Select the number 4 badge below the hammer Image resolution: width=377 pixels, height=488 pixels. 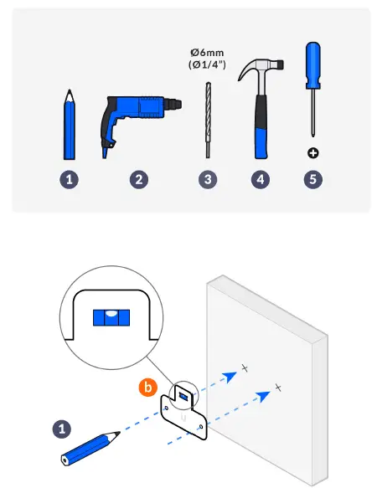point(261,179)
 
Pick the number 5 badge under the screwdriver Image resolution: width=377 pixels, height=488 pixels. point(312,179)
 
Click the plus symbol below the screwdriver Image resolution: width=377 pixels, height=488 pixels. point(312,153)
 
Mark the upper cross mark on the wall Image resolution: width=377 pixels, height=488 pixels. point(245,367)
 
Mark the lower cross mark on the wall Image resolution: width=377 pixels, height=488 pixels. point(277,387)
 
